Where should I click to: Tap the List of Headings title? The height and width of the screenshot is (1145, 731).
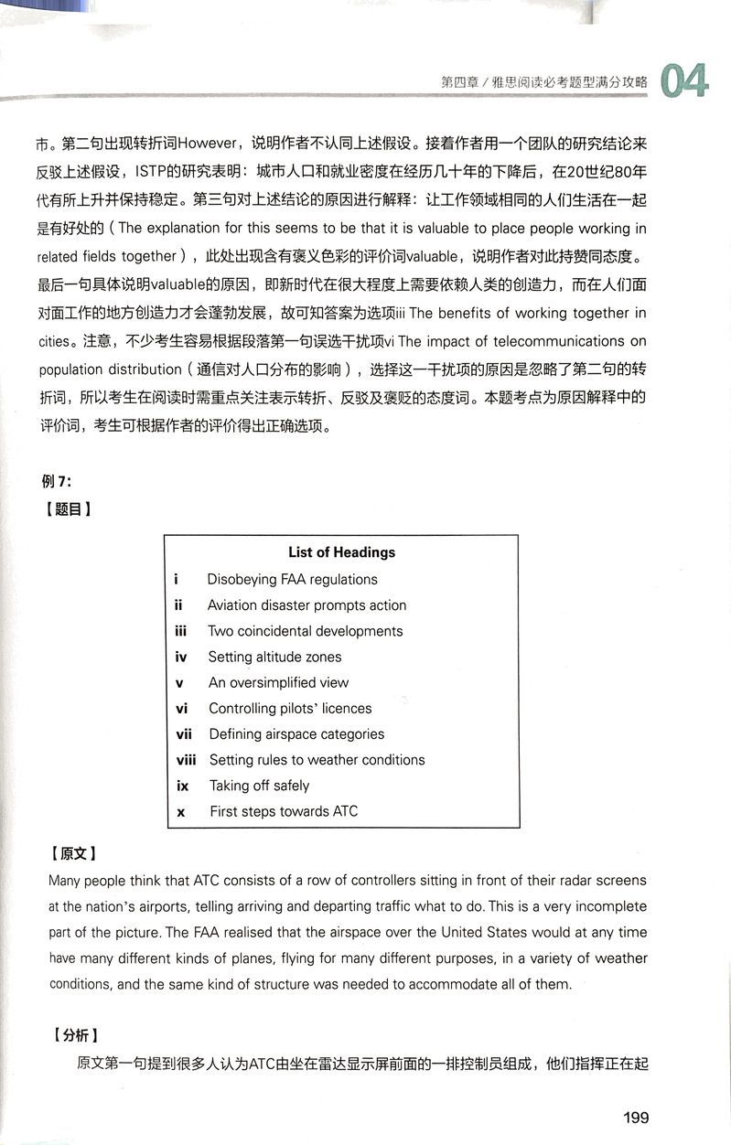pos(341,552)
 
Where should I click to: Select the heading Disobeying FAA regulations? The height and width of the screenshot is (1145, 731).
pos(292,579)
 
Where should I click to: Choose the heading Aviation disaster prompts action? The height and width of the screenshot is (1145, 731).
pos(306,605)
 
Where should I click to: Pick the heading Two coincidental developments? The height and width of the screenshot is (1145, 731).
pos(305,631)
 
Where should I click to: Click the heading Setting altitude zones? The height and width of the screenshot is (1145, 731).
pos(274,657)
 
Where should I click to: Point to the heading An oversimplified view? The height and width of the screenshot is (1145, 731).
pos(278,682)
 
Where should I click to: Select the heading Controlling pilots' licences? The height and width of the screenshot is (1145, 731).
pos(290,708)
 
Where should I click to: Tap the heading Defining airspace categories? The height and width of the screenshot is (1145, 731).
pos(296,733)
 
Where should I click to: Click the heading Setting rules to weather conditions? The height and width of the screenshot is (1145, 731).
pos(317,759)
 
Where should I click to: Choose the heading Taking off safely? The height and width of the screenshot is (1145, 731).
pos(259,786)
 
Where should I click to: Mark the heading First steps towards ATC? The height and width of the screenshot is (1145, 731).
pos(284,811)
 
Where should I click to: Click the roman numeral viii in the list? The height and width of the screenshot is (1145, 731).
pos(186,759)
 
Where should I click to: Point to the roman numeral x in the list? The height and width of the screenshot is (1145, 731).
pos(181,812)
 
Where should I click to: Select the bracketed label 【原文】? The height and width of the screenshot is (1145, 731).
pos(72,854)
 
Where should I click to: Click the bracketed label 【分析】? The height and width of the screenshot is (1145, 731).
pos(72,1036)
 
